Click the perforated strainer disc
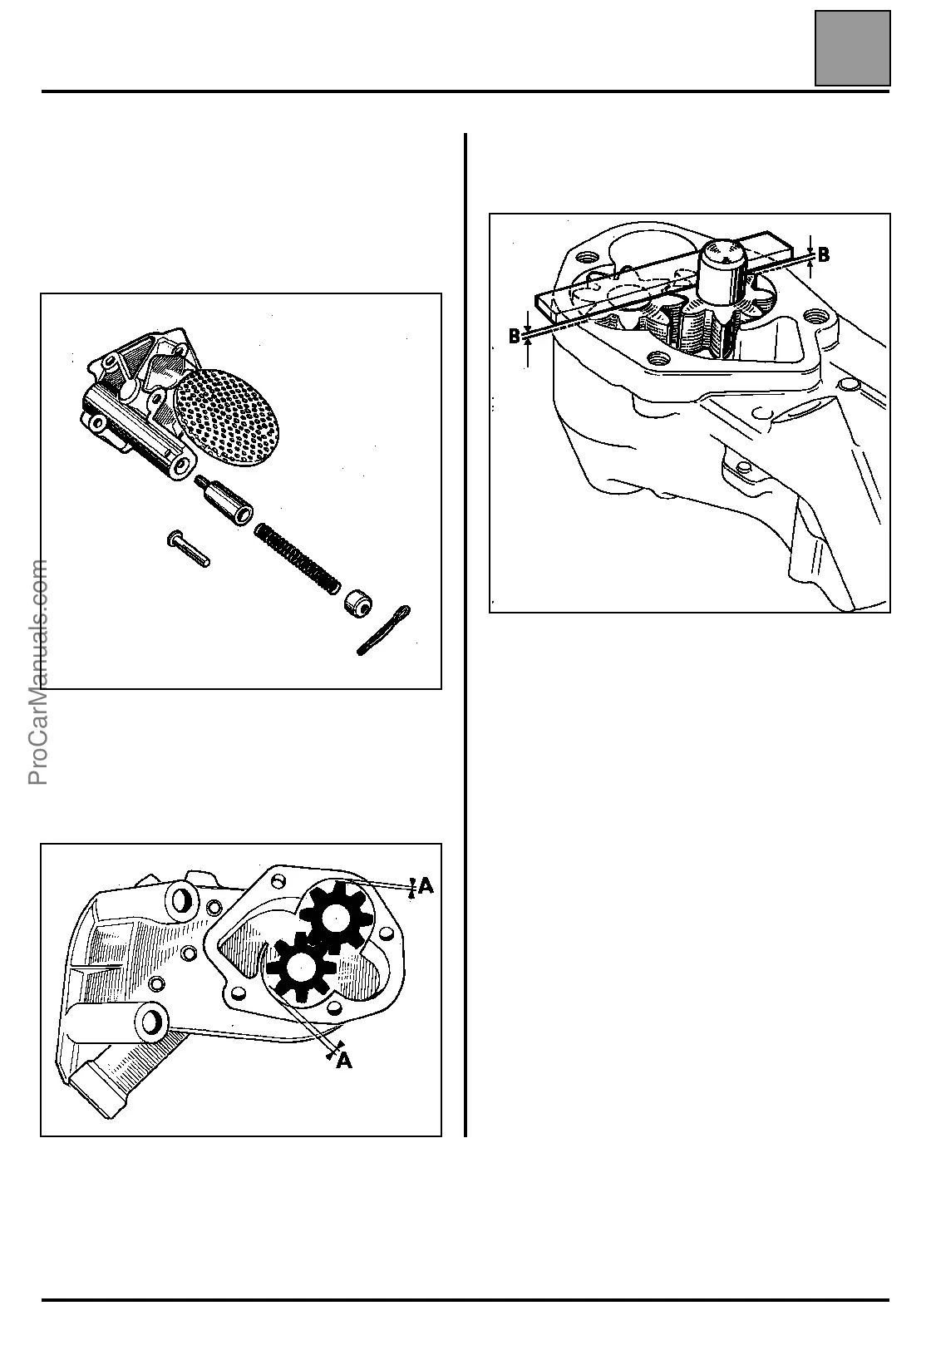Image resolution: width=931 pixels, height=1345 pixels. pyautogui.click(x=229, y=415)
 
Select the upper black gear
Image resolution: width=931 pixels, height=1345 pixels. pyautogui.click(x=336, y=916)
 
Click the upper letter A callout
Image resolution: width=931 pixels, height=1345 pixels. pyautogui.click(x=426, y=887)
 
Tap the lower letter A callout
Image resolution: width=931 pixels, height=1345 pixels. pyautogui.click(x=344, y=1061)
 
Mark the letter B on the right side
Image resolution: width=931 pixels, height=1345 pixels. pyautogui.click(x=823, y=255)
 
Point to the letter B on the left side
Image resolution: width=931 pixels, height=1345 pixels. pyautogui.click(x=515, y=337)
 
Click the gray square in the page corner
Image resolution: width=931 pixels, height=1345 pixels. pyautogui.click(x=852, y=48)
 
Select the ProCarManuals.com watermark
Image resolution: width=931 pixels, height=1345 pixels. pyautogui.click(x=38, y=672)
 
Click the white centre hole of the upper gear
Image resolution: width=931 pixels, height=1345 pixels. pyautogui.click(x=336, y=917)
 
